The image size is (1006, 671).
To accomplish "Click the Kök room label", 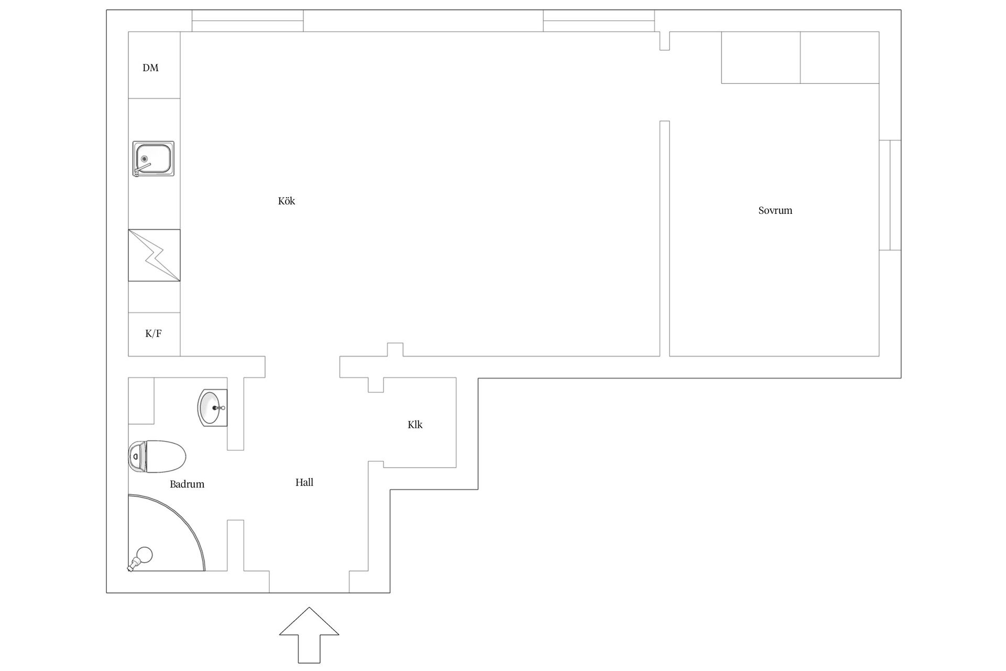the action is coord(287,201).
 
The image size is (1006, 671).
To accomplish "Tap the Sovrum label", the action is coord(775,210).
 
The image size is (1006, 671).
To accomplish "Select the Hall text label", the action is coord(304,482).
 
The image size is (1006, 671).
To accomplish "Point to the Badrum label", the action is coord(187,484).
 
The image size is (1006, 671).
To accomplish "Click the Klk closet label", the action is coord(415,425).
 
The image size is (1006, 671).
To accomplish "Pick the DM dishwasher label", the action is coord(150,68).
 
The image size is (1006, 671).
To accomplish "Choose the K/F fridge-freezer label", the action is coord(154,333).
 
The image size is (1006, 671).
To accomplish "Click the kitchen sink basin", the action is coord(154,159).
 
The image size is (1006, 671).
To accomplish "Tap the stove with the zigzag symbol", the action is coord(154,255).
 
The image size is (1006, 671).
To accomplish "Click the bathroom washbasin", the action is coord(213,408).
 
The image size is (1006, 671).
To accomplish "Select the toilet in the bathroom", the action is coord(157,457).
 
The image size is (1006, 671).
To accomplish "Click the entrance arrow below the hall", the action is coord(309,635).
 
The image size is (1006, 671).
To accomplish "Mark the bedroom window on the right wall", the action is coord(890,195).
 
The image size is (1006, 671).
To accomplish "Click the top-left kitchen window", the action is coord(247,21).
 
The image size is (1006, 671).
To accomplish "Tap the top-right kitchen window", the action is coord(599,21).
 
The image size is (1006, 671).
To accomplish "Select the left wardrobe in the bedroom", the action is coord(761,57).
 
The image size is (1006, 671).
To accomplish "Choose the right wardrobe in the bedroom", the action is coord(840,57).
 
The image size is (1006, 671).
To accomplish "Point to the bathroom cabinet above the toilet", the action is coord(141,401).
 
